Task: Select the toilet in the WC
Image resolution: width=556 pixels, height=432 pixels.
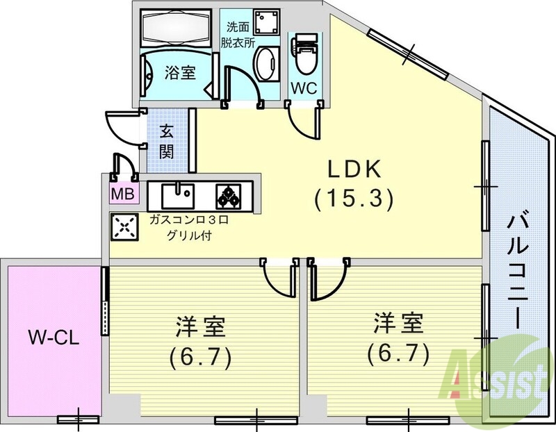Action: [x=304, y=60]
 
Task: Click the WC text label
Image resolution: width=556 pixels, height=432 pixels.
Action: [x=304, y=88]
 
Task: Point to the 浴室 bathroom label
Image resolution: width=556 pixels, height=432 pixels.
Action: [x=179, y=72]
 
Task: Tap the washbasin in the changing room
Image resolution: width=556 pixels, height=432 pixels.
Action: [x=265, y=65]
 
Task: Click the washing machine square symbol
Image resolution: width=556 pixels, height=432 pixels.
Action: [x=265, y=24]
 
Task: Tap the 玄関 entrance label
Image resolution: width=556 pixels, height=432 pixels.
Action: [x=167, y=140]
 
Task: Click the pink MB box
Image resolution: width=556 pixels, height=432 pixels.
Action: [x=124, y=193]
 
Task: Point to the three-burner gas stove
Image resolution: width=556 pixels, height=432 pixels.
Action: [x=228, y=195]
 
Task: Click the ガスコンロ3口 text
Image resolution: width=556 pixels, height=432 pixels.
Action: [x=188, y=220]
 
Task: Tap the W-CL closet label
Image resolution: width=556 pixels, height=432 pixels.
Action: [x=54, y=339]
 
